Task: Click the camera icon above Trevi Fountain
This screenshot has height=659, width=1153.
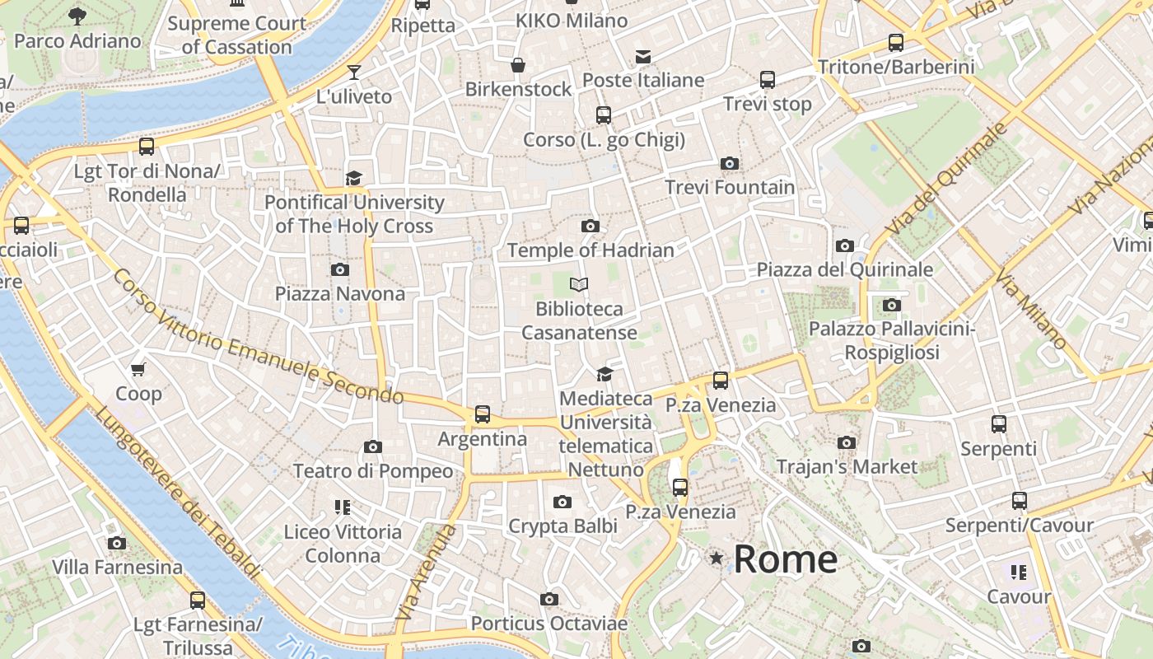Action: [729, 163]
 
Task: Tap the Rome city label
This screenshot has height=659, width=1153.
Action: [785, 559]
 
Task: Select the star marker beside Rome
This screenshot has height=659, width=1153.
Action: [717, 559]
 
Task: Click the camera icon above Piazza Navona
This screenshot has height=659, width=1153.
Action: [339, 269]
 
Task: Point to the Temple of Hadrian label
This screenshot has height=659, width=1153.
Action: [591, 250]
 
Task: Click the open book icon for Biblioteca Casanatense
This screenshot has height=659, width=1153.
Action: [579, 285]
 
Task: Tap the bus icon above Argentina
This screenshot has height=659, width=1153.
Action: [483, 414]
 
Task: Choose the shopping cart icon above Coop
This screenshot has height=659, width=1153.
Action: [138, 369]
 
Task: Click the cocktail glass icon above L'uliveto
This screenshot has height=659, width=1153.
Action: [354, 72]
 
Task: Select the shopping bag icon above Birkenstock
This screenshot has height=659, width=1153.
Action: [518, 64]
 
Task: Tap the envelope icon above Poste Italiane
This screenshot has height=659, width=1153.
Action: [642, 56]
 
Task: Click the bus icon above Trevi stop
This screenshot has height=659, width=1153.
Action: [767, 80]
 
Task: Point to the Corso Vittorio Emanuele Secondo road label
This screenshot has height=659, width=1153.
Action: [259, 337]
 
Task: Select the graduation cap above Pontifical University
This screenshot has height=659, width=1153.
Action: [353, 178]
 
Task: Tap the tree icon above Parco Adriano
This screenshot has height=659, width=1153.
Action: [77, 15]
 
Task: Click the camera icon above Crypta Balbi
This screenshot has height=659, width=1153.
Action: [562, 502]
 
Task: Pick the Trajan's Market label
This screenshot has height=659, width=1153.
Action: [847, 467]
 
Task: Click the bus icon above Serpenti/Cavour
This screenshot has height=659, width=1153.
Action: [1019, 500]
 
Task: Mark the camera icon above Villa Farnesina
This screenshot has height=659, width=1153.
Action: [117, 543]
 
